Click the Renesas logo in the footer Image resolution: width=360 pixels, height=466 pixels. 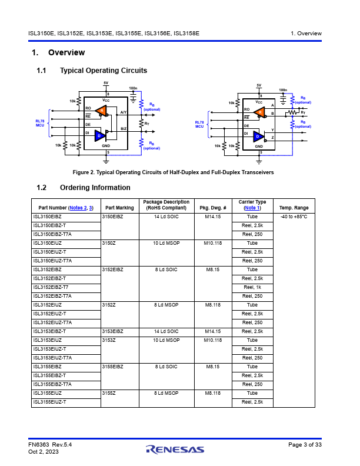[175, 450]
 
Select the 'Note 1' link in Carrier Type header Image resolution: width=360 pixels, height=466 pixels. [252, 208]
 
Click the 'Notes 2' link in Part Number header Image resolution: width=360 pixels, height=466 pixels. [78, 208]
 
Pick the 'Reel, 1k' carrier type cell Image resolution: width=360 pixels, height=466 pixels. [252, 287]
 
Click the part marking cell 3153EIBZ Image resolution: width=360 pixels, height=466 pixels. [112, 331]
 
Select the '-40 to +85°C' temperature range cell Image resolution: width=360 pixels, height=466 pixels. [294, 217]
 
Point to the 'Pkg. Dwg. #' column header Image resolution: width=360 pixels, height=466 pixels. [213, 208]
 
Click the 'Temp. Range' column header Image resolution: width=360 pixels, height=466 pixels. [294, 208]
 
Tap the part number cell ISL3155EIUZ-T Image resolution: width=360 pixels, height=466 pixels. [49, 402]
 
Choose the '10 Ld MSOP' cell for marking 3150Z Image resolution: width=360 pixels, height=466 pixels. [166, 243]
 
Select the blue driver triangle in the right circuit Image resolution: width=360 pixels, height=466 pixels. [259, 137]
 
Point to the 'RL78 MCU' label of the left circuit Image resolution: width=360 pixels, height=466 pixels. [40, 123]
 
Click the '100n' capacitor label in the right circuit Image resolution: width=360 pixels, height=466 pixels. [283, 90]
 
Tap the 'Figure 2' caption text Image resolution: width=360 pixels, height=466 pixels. [173, 172]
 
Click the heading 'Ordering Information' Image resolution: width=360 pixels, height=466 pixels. [95, 188]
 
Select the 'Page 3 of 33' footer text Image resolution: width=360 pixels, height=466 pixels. [305, 445]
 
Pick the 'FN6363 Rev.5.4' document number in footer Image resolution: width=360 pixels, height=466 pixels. [50, 445]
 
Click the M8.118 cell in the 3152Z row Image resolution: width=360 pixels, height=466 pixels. [213, 305]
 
